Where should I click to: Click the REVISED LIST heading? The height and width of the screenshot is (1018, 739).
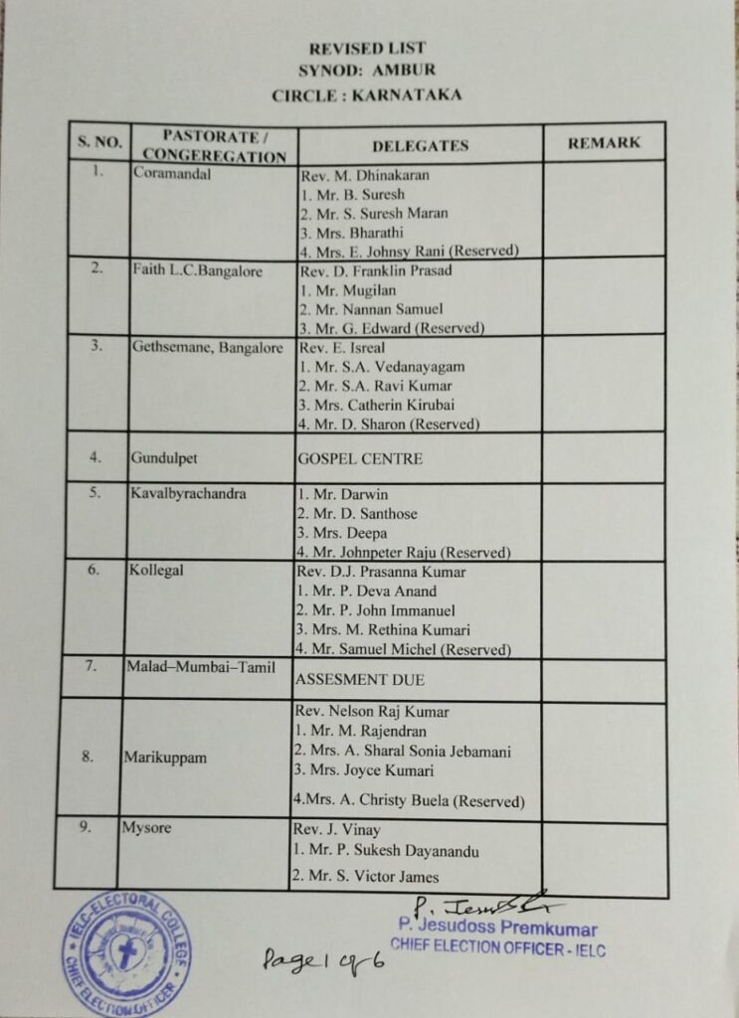click(x=367, y=48)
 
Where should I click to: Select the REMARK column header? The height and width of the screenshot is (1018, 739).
click(x=604, y=143)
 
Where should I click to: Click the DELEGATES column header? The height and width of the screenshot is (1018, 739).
click(x=420, y=145)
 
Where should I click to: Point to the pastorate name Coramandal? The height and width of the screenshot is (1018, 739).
click(x=172, y=174)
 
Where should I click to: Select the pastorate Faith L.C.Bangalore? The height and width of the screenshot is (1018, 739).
click(x=197, y=271)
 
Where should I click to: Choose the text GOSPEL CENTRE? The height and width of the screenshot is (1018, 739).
click(x=359, y=459)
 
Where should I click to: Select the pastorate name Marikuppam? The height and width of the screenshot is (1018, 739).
click(x=165, y=758)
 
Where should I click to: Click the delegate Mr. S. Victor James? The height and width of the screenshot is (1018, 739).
click(x=365, y=877)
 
